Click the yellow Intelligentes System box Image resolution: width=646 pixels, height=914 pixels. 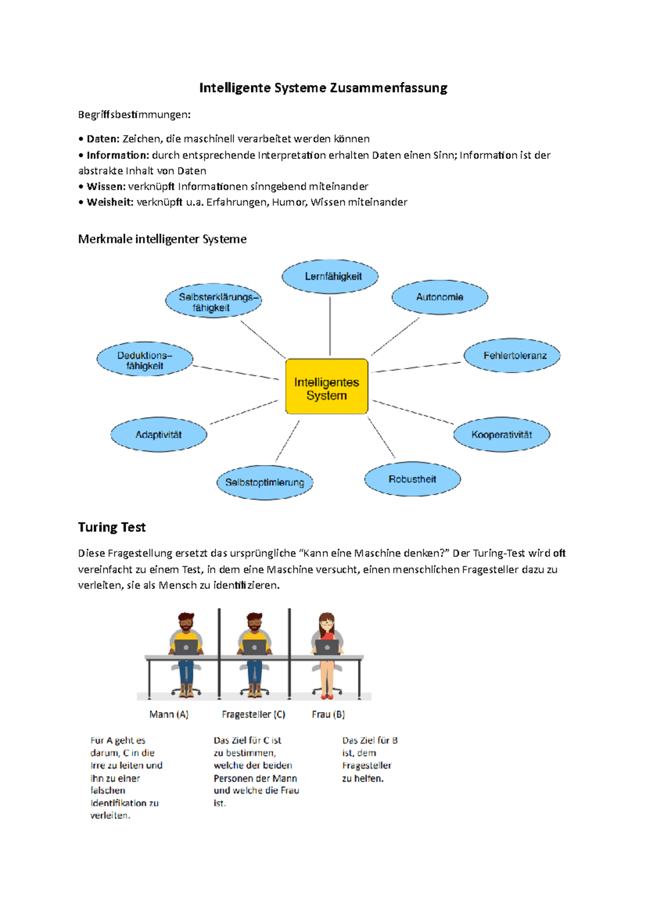pyautogui.click(x=326, y=386)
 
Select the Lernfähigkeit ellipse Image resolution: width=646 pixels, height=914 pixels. pyautogui.click(x=330, y=276)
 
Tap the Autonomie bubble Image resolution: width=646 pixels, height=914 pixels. pyautogui.click(x=439, y=297)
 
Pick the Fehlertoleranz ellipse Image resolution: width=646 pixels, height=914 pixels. pyautogui.click(x=512, y=355)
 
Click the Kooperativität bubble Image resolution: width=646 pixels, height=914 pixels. pyautogui.click(x=501, y=434)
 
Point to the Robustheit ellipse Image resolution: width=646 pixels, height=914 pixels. pyautogui.click(x=412, y=479)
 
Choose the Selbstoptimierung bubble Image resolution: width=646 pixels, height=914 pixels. pyautogui.click(x=265, y=482)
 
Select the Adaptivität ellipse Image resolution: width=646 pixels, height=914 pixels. pyautogui.click(x=159, y=434)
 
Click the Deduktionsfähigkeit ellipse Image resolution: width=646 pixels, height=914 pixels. pyautogui.click(x=145, y=360)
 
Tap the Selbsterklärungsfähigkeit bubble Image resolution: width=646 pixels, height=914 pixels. pyautogui.click(x=213, y=302)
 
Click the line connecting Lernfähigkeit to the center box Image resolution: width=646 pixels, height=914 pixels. pyautogui.click(x=330, y=326)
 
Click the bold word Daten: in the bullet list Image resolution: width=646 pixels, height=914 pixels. pyautogui.click(x=103, y=139)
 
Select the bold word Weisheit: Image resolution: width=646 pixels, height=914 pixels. pyautogui.click(x=110, y=202)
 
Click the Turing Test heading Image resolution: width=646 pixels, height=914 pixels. pyautogui.click(x=111, y=527)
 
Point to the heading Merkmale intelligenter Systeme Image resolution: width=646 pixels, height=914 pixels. pyautogui.click(x=162, y=239)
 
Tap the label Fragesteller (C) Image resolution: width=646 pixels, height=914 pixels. pyautogui.click(x=253, y=714)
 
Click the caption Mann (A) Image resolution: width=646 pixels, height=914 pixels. pyautogui.click(x=168, y=714)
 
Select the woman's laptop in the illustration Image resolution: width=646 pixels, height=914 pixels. pyautogui.click(x=327, y=646)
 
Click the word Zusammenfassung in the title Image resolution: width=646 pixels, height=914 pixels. pyautogui.click(x=388, y=88)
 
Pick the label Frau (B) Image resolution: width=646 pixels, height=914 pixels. pyautogui.click(x=328, y=714)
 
